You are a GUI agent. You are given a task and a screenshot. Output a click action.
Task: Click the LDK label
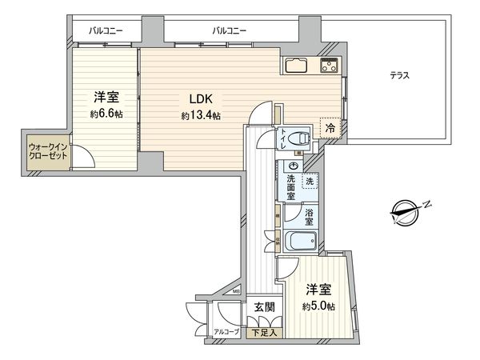[201, 100]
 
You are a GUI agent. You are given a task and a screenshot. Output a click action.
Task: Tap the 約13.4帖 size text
[201, 116]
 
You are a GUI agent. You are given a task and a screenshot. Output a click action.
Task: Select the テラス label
[400, 76]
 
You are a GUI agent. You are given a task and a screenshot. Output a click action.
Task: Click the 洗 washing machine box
[309, 182]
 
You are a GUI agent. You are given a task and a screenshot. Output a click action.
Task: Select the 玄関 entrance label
[265, 307]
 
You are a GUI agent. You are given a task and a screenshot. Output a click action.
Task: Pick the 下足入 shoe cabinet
[262, 332]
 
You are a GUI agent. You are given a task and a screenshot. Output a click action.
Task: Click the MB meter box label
[237, 293]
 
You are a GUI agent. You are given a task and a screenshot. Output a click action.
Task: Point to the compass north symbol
[410, 212]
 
